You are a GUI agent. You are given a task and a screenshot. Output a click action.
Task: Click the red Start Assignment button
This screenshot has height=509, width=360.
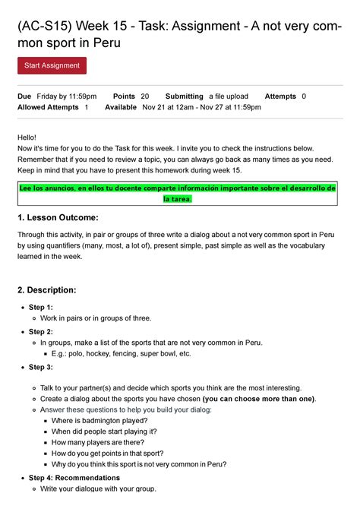tap(52, 66)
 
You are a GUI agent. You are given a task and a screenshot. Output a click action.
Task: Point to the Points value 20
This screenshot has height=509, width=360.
tap(145, 96)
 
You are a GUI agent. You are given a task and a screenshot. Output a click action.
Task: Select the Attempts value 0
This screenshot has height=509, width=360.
tap(304, 96)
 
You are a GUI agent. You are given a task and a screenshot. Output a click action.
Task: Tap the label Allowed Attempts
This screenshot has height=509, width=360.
tap(48, 108)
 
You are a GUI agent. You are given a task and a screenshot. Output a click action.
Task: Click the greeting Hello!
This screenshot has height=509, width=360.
tap(27, 136)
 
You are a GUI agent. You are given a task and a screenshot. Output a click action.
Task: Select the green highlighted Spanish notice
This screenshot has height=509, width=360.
tap(178, 193)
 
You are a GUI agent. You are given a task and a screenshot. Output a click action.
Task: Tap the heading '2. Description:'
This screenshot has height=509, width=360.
tap(46, 290)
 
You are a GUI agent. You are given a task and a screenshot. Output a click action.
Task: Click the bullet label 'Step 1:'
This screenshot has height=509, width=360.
tap(41, 308)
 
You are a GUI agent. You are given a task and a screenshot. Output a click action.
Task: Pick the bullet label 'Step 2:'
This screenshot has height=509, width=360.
tap(41, 332)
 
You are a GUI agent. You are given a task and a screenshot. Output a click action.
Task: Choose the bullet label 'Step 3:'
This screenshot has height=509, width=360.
tap(41, 367)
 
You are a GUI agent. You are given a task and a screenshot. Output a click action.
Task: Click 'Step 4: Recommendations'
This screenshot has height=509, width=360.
tap(74, 478)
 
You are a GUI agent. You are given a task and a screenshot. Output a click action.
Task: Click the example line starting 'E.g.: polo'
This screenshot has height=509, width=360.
tap(121, 353)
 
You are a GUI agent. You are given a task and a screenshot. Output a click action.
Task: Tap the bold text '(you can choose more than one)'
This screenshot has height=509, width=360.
tap(259, 399)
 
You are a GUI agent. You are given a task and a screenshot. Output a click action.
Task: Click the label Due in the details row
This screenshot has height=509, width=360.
tap(24, 96)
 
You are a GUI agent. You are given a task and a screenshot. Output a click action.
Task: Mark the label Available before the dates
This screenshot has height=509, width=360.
tap(121, 108)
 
